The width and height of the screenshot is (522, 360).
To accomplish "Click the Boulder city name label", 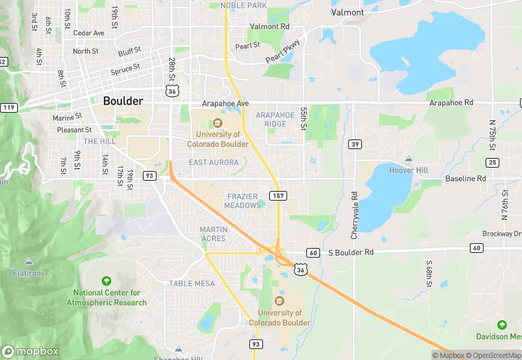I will [x=123, y=101].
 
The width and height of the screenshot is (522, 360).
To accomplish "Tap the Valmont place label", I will [x=348, y=12].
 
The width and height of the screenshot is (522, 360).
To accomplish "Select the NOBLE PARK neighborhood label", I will [x=243, y=5].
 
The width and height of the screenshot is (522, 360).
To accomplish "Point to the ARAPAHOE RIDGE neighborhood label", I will [x=275, y=119].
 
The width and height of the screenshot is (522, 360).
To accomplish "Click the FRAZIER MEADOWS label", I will [x=242, y=201].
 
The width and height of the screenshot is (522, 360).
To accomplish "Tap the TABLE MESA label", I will [x=192, y=283].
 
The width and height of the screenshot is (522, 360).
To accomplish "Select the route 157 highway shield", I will [x=278, y=196].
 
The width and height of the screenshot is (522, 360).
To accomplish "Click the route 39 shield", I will [x=354, y=144].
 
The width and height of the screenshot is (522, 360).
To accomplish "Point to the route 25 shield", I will [x=492, y=162].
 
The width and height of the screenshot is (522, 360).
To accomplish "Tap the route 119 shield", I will [x=8, y=107].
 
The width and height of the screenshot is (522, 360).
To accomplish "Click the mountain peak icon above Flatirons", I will [x=29, y=261].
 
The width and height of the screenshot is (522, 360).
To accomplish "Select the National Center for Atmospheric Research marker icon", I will [x=106, y=281].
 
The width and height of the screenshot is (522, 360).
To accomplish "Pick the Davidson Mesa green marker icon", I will [x=502, y=324].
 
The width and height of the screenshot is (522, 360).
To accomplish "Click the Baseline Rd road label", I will [x=466, y=179].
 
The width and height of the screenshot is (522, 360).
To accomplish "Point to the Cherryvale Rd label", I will [x=354, y=215].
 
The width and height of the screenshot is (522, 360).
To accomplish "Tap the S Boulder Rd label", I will [x=350, y=252].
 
